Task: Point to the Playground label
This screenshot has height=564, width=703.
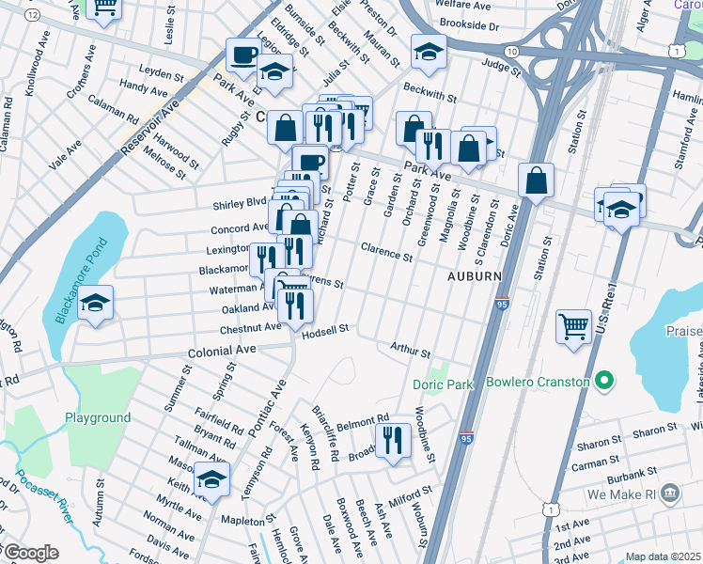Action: pos(98,417)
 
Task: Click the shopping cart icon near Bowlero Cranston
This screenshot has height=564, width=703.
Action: pos(573,327)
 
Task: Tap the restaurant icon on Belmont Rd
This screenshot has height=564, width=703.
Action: pos(392,439)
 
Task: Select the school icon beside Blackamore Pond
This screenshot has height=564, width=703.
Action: pos(96,303)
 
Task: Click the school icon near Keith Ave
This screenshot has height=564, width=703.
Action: pos(212,478)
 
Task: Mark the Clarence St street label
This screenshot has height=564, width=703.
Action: pos(386,251)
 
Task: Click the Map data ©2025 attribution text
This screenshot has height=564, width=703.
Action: pos(663,556)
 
